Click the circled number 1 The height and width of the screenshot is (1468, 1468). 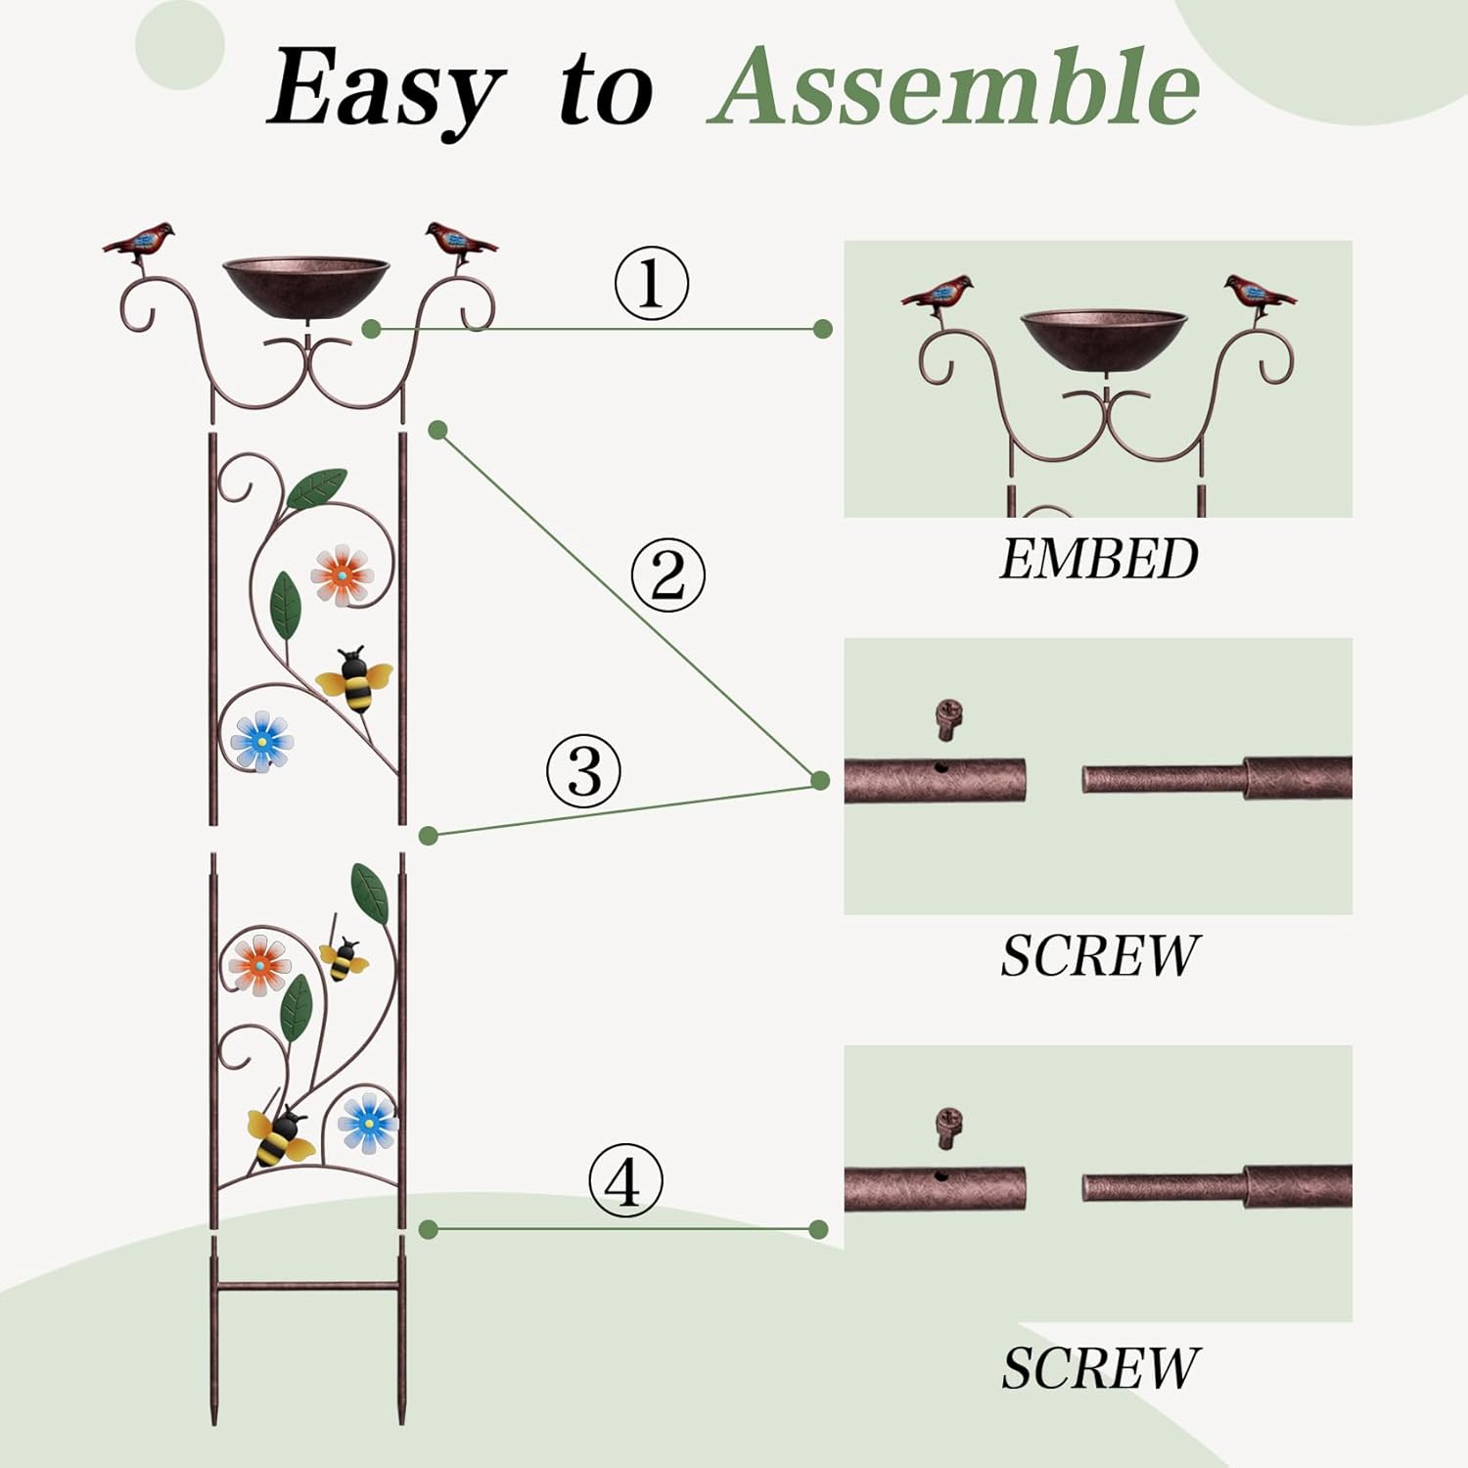(651, 284)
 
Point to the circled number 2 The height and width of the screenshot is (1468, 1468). (667, 574)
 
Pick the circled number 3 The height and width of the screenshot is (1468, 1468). (583, 771)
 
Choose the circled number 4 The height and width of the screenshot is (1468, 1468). (625, 1181)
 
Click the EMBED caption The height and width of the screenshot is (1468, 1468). (1098, 559)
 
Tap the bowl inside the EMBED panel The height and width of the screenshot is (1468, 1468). (1103, 340)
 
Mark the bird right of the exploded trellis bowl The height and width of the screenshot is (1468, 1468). (459, 242)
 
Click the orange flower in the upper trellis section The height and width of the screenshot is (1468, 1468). (342, 574)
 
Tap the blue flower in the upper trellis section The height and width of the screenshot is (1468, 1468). (262, 741)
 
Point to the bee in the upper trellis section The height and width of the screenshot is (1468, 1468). (354, 677)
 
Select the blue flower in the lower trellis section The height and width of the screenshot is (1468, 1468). (368, 1122)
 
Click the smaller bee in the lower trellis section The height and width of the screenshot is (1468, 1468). (344, 959)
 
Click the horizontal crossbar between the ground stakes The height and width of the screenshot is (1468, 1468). (306, 1286)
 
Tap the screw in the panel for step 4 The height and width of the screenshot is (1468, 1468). (947, 1127)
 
